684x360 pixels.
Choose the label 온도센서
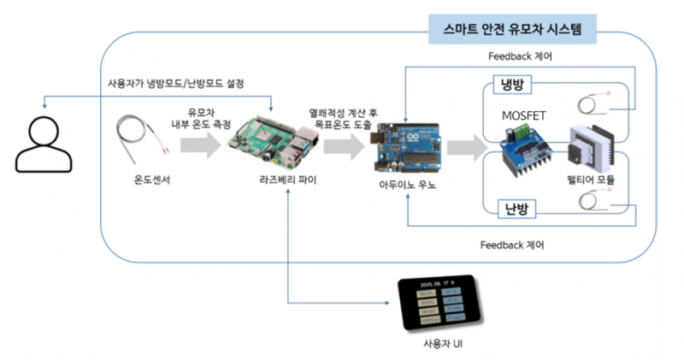140,181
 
